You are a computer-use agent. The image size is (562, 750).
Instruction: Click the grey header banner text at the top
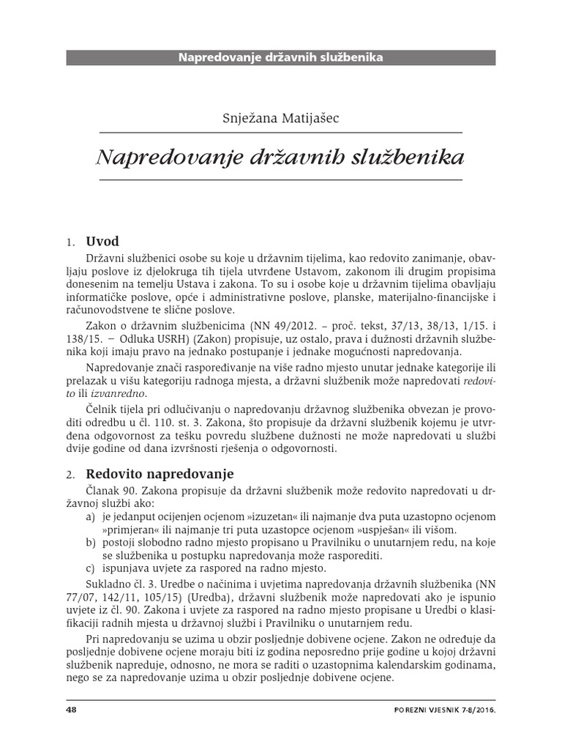pyautogui.click(x=281, y=56)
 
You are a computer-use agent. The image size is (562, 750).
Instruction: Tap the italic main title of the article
pyautogui.click(x=281, y=157)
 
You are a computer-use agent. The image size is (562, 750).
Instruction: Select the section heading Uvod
pyautogui.click(x=102, y=241)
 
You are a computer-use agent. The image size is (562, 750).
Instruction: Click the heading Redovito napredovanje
pyautogui.click(x=160, y=474)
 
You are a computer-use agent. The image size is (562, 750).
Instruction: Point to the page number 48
pyautogui.click(x=71, y=710)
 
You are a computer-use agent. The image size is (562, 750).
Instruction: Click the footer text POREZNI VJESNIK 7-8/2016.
pyautogui.click(x=444, y=710)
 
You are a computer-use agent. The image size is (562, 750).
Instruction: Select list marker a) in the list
pyautogui.click(x=91, y=516)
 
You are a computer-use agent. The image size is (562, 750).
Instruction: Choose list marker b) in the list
pyautogui.click(x=91, y=542)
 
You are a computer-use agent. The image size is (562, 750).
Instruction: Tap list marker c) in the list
pyautogui.click(x=91, y=568)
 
